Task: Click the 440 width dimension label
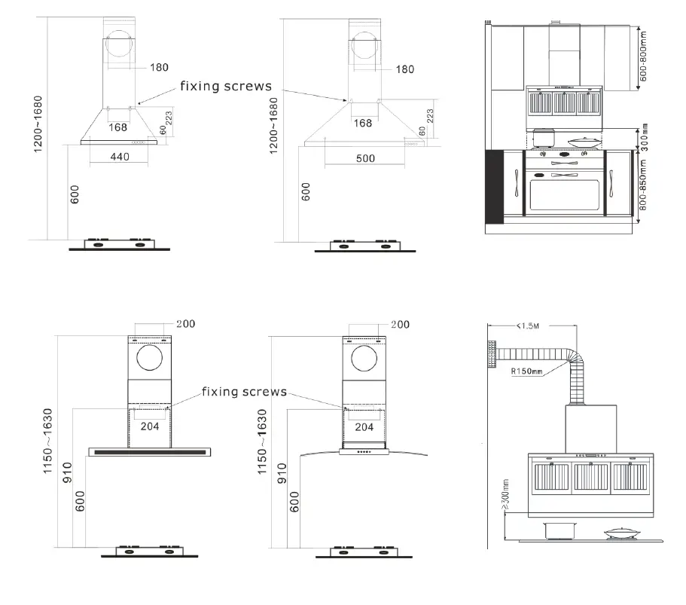(120, 157)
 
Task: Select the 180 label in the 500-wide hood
(404, 69)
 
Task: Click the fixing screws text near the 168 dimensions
(225, 86)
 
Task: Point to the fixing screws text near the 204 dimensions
(244, 392)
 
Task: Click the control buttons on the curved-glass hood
(364, 453)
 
